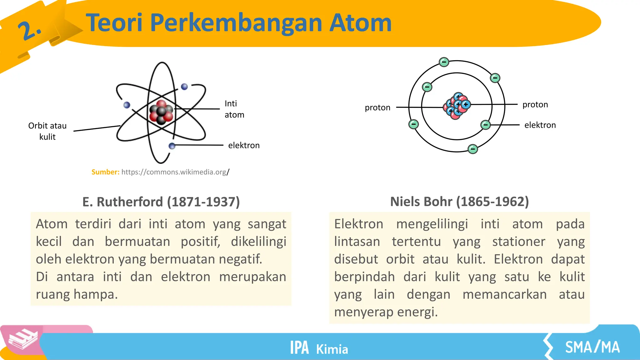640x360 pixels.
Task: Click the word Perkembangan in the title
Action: (237, 23)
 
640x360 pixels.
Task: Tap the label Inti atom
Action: (234, 109)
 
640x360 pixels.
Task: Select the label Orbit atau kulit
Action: (47, 131)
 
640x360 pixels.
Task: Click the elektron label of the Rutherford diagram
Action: (244, 145)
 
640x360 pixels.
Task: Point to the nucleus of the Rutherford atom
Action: (161, 112)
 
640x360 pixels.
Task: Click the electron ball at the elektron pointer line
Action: (172, 146)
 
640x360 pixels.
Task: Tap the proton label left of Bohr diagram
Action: (377, 107)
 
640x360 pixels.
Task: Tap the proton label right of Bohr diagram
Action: (535, 104)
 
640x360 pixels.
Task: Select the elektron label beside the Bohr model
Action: (540, 125)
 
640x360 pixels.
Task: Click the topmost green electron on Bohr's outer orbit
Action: (444, 62)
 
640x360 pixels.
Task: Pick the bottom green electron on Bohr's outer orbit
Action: (472, 149)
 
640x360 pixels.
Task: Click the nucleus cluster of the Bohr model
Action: (457, 106)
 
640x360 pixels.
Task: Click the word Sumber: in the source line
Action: (105, 172)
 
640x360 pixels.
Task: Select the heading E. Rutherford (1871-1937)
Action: (161, 202)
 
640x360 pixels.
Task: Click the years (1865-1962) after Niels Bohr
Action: (492, 202)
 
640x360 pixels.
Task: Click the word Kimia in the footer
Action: (332, 349)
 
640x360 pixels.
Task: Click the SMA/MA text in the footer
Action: (592, 347)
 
